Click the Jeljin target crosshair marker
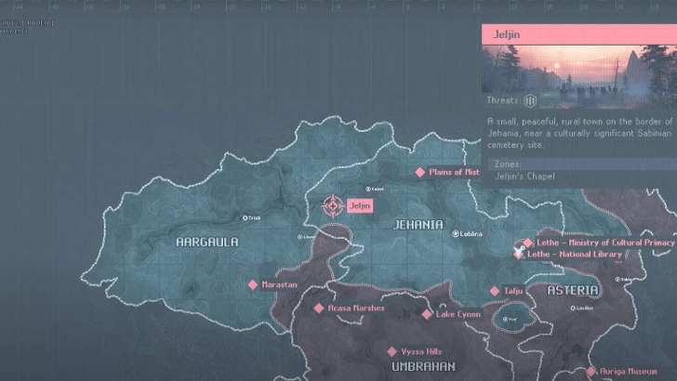coord(332,205)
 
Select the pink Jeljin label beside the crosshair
coord(360,205)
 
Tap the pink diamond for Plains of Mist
coord(419,172)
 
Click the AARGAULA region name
coord(207,242)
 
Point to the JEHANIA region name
coord(418,225)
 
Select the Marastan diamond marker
coord(252,284)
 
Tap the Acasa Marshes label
coord(355,308)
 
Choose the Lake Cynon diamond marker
coord(427,314)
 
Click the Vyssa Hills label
coord(421,352)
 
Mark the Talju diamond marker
coord(495,291)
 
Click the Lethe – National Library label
coord(575,254)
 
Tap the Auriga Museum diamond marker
coord(591,371)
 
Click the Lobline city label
coord(470,234)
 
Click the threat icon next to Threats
coord(531,100)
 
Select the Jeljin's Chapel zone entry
coord(524,177)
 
